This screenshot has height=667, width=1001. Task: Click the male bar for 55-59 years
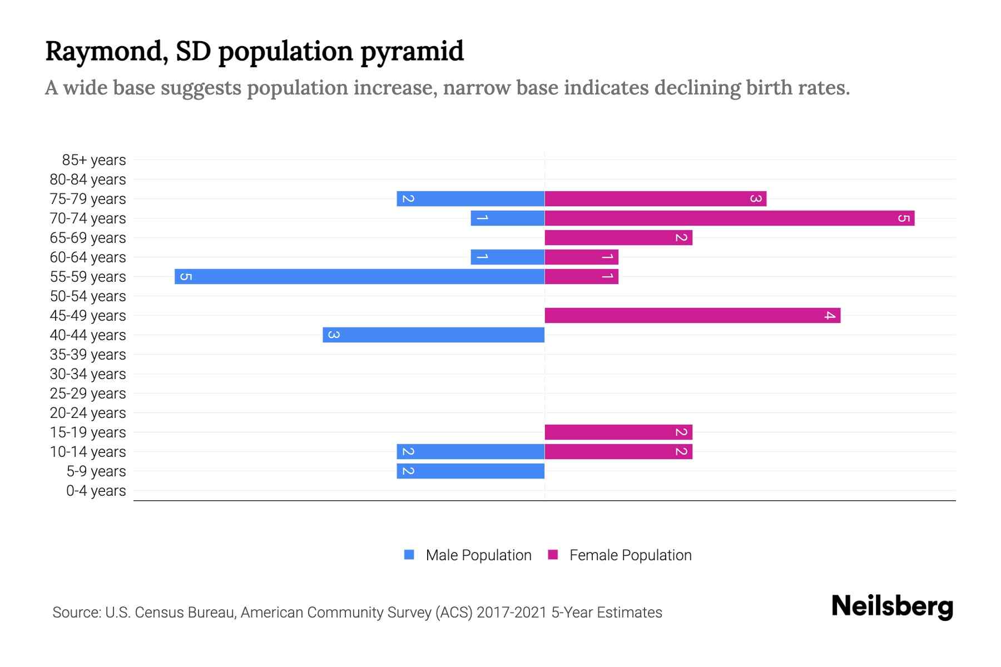click(359, 276)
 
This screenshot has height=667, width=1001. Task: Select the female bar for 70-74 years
click(729, 218)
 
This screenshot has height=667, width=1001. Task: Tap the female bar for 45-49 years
click(692, 315)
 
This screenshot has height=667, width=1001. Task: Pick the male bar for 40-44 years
click(433, 335)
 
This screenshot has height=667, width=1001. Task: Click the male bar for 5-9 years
click(470, 471)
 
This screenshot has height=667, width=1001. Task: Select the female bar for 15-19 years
click(618, 432)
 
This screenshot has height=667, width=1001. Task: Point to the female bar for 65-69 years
click(618, 237)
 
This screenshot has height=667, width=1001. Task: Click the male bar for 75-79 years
click(470, 198)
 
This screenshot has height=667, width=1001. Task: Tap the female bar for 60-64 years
click(581, 257)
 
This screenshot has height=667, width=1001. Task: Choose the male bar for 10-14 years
click(470, 451)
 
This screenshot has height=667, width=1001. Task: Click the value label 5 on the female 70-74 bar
click(904, 218)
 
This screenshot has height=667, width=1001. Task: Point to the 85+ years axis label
click(94, 160)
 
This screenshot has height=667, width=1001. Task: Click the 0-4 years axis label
click(96, 491)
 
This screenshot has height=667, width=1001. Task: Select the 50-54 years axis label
click(88, 296)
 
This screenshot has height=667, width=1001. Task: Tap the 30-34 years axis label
click(88, 374)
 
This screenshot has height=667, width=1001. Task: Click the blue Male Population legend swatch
click(409, 555)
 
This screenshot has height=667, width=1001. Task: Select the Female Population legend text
click(630, 555)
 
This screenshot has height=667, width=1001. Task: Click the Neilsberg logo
click(892, 606)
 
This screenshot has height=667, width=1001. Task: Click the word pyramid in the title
click(412, 51)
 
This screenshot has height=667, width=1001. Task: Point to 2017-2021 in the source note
click(512, 613)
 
